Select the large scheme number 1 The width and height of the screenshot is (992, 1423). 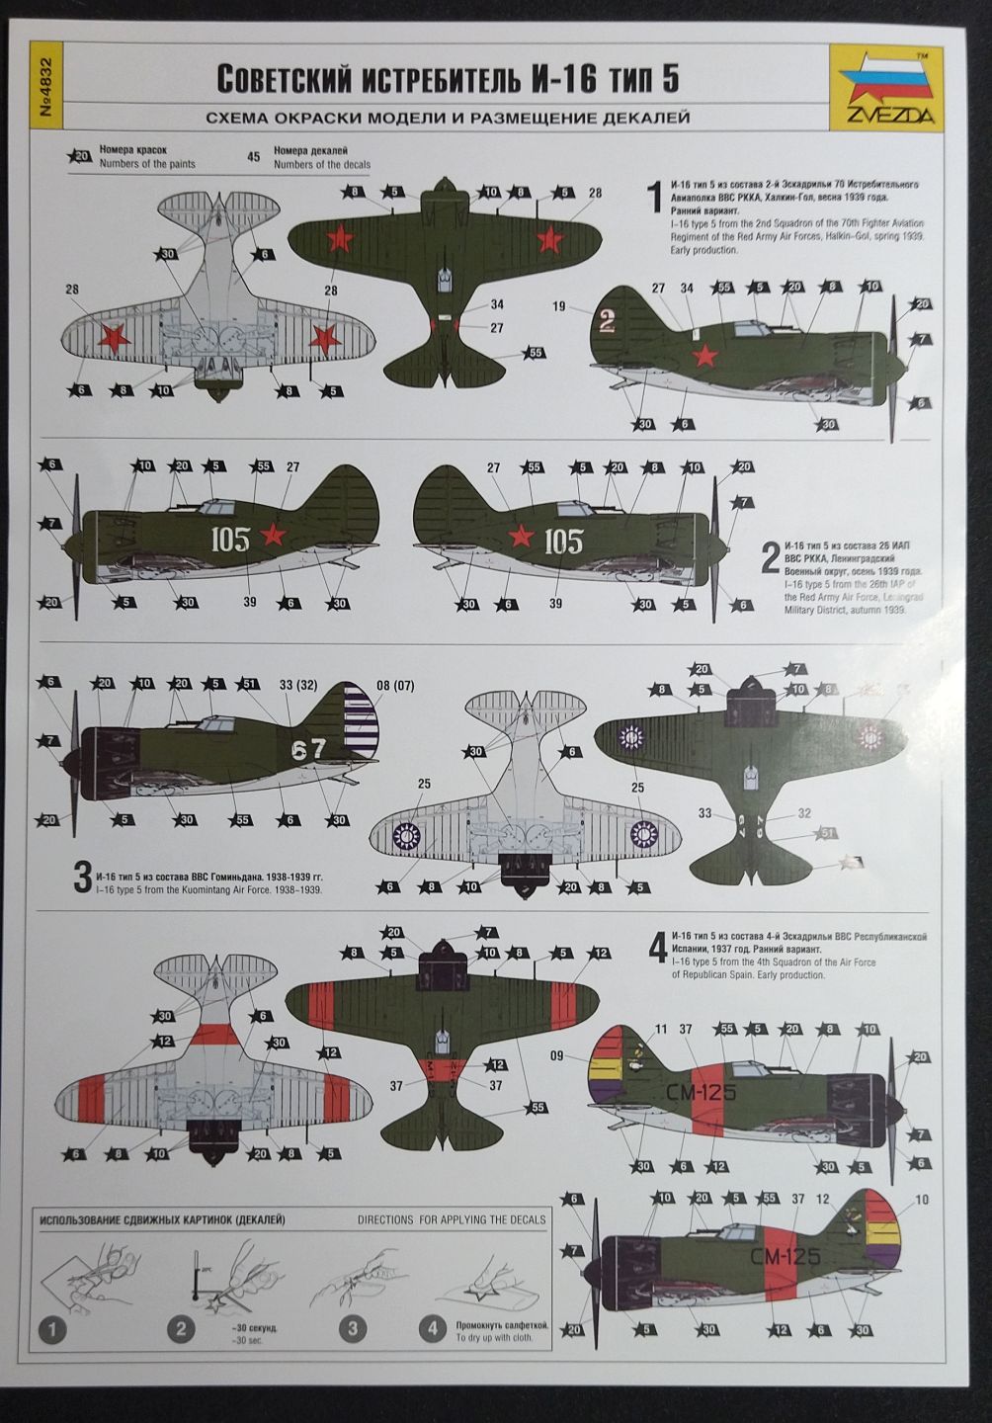[x=653, y=195]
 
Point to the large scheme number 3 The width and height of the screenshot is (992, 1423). [x=83, y=879]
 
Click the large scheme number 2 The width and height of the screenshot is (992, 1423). [x=770, y=559]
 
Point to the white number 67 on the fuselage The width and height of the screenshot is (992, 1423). [x=308, y=749]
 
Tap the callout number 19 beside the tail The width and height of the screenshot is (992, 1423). [x=559, y=307]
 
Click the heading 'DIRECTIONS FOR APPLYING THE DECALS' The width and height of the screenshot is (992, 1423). [x=452, y=1219]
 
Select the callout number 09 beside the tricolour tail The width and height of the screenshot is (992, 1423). [x=556, y=1055]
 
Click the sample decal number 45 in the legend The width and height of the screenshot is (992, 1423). [x=254, y=156]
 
